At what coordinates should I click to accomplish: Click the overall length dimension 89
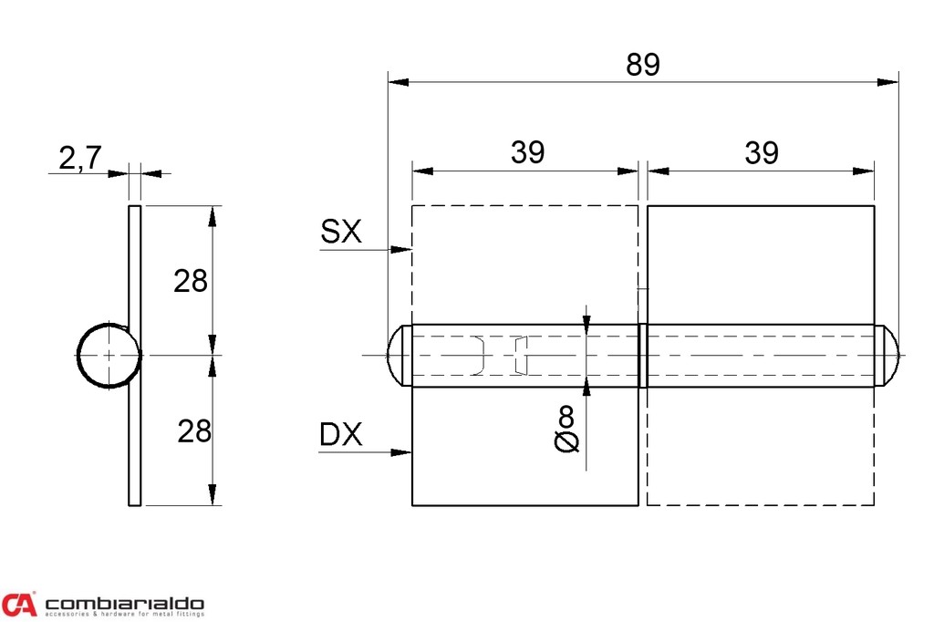point(642,66)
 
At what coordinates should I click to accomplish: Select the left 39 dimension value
point(527,153)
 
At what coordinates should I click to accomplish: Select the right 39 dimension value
point(761,153)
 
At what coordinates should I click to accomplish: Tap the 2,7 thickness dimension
point(79,159)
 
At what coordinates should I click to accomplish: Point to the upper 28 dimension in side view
point(192,281)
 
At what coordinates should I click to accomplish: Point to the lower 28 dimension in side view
point(192,430)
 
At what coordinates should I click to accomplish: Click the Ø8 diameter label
point(566,430)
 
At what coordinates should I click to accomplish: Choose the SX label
point(341,233)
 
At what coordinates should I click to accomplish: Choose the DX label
point(341,436)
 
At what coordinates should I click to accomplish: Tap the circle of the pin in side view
point(108,356)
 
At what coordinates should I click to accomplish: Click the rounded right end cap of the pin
point(887,356)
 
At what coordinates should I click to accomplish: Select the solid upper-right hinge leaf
point(761,264)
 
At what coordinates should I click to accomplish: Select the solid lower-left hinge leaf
point(524,447)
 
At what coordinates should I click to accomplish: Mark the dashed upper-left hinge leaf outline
point(524,264)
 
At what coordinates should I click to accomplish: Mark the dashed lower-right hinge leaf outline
point(761,447)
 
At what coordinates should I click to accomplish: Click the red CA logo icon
point(19,605)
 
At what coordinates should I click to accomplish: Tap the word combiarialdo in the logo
point(125,604)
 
